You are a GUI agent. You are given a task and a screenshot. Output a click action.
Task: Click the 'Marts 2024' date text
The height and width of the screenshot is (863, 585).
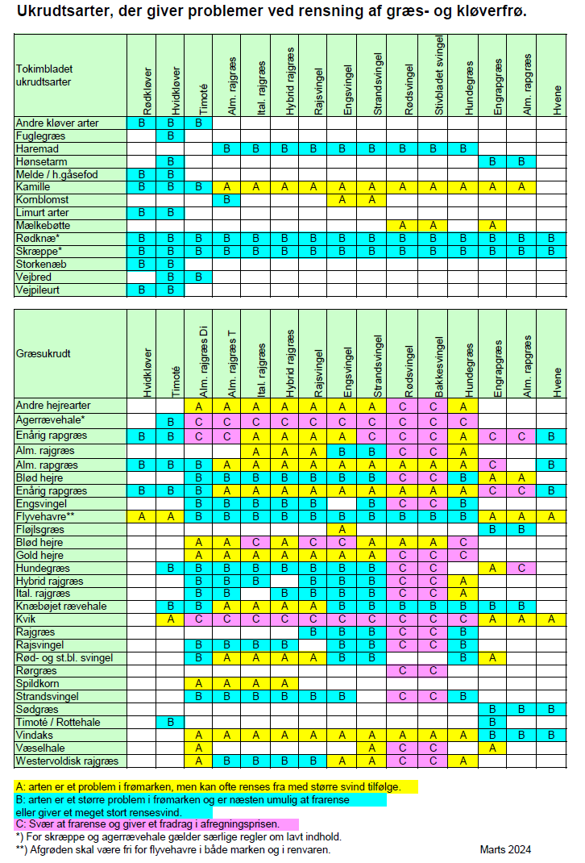coord(505,849)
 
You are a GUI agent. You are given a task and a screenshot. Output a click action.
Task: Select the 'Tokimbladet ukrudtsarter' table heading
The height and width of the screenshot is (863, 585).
coord(44,75)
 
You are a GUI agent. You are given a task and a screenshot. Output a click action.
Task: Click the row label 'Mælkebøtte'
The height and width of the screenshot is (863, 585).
coord(44,225)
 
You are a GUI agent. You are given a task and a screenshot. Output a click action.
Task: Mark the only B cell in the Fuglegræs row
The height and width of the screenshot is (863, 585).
coord(171,135)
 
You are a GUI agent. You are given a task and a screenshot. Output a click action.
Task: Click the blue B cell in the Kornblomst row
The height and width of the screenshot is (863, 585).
coord(227,199)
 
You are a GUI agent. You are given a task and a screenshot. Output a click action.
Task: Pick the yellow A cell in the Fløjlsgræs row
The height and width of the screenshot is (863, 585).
coord(342,528)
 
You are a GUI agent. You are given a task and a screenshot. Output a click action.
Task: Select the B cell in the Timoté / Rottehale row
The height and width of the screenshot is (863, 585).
coord(171,722)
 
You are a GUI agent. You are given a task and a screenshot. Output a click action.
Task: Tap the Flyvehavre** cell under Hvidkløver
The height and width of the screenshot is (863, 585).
coord(142,515)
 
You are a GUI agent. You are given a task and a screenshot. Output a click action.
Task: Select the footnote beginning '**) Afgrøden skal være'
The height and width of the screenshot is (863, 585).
coord(173,849)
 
